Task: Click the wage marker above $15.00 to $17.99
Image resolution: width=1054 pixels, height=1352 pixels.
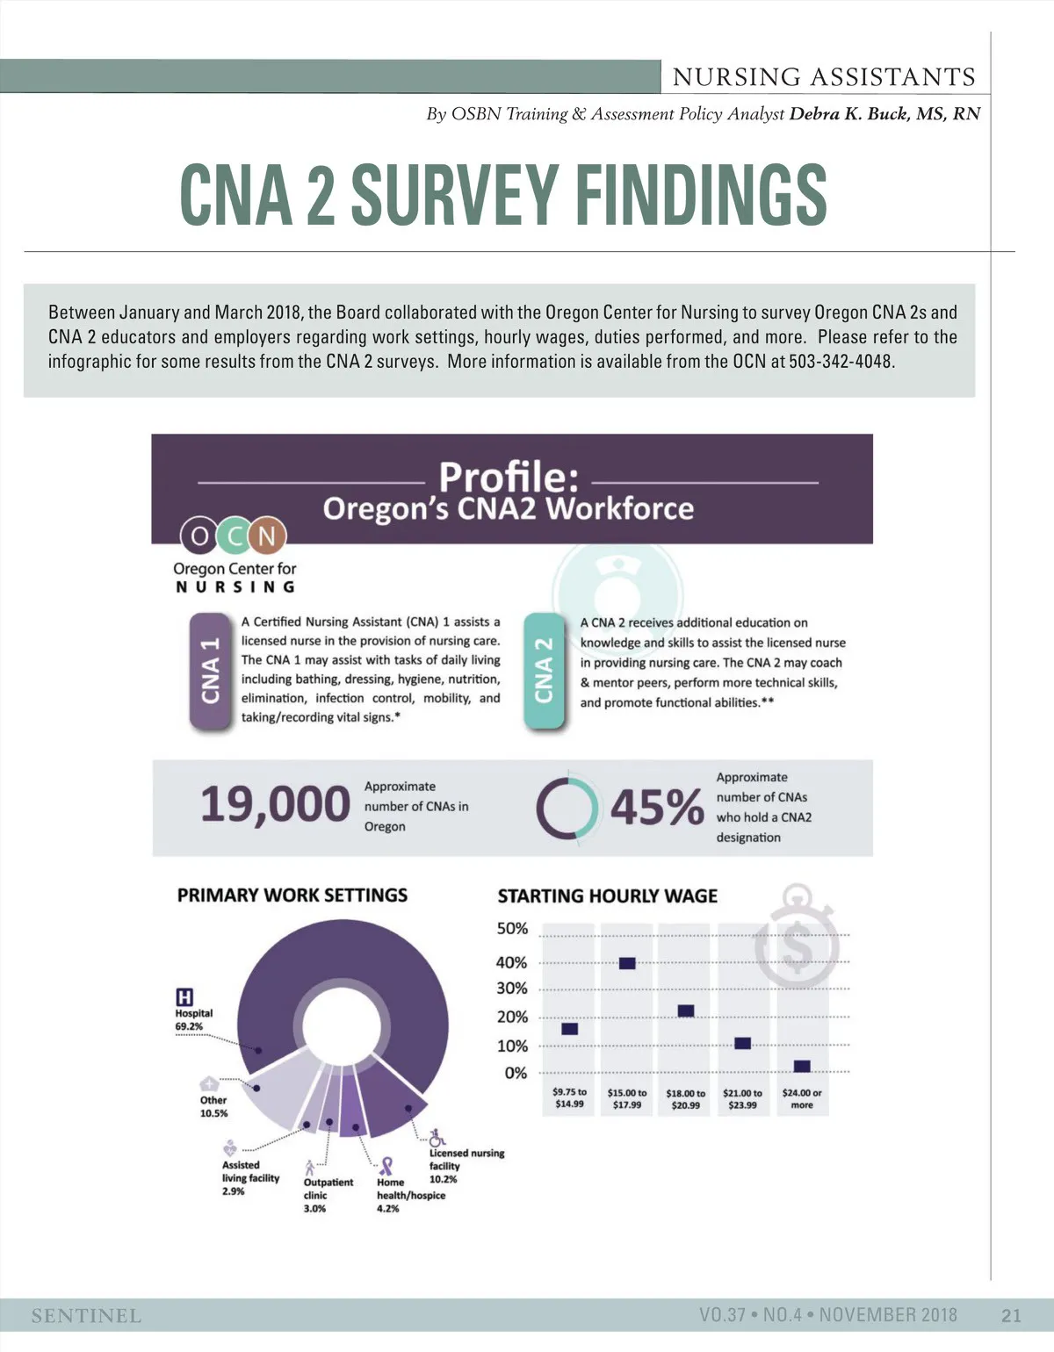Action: point(627,963)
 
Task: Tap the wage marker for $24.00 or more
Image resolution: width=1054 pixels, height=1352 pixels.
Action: point(801,1066)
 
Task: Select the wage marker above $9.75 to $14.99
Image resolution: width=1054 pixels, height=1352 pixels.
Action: point(569,1029)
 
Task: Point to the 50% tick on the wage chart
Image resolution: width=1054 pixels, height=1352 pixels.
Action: point(513,929)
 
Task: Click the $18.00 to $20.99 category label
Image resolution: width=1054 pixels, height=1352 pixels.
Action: point(685,1099)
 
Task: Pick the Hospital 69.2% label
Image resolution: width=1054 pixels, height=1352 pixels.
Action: point(194,1019)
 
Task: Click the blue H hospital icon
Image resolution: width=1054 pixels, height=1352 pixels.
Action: point(184,997)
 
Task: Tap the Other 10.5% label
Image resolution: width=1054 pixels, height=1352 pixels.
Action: point(213,1106)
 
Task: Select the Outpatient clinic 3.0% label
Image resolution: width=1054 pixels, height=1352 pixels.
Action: point(327,1195)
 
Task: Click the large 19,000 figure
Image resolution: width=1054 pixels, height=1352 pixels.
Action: point(275,804)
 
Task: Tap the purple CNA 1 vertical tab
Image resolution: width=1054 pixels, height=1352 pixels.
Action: point(210,671)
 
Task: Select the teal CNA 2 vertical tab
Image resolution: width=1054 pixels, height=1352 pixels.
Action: point(544,671)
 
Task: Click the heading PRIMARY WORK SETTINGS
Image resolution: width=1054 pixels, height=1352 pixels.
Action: point(292,895)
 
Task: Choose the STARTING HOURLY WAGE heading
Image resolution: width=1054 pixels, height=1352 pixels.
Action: point(607,896)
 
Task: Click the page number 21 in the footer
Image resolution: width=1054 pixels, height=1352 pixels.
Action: point(1011,1315)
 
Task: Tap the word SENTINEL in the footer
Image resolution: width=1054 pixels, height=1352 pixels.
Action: point(86,1315)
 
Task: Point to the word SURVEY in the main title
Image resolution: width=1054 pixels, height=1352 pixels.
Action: point(455,195)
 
